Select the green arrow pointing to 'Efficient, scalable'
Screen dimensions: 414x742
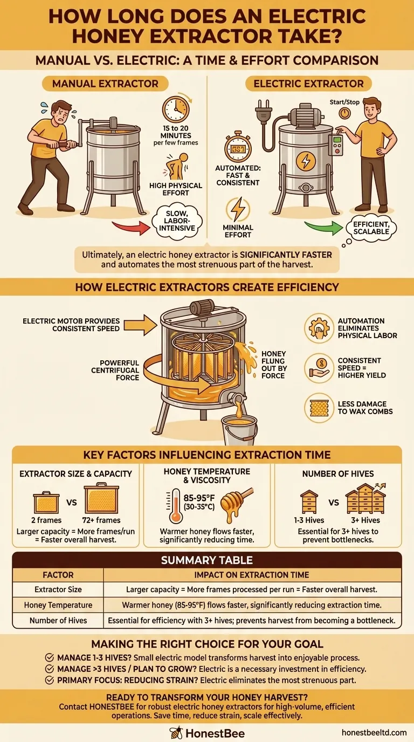pyautogui.click(x=323, y=228)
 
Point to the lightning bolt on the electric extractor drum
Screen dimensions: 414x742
pyautogui.click(x=306, y=161)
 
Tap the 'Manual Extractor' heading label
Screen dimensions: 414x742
pyautogui.click(x=105, y=84)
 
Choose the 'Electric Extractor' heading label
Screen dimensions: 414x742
pyautogui.click(x=309, y=84)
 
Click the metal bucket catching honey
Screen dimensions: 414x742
pyautogui.click(x=240, y=430)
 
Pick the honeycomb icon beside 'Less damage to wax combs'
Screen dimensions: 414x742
pyautogui.click(x=319, y=408)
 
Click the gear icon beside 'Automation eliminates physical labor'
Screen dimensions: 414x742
pyautogui.click(x=319, y=328)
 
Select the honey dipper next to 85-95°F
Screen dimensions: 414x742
pyautogui.click(x=236, y=504)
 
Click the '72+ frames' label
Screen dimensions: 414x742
pyautogui.click(x=101, y=520)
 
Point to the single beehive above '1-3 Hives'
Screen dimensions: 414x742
pyautogui.click(x=309, y=501)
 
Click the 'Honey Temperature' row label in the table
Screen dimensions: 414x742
pyautogui.click(x=58, y=605)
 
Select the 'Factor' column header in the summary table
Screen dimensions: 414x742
pyautogui.click(x=58, y=575)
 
